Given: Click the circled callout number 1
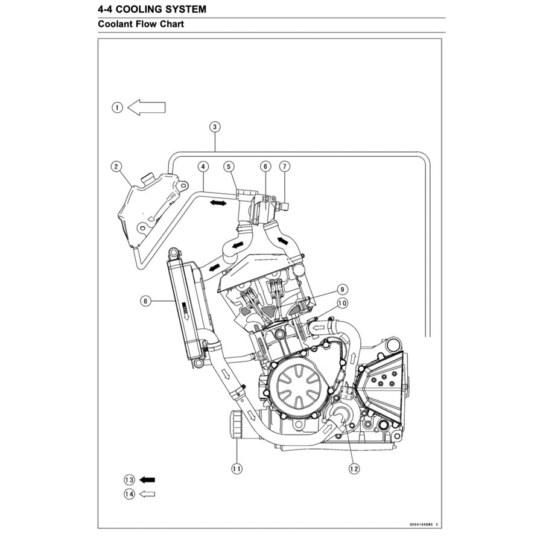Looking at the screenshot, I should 117,107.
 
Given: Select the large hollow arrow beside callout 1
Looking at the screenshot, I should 147,107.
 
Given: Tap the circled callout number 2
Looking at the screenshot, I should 117,166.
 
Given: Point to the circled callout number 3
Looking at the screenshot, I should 215,127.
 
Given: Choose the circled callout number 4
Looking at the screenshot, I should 204,166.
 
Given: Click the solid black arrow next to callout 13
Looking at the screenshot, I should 147,480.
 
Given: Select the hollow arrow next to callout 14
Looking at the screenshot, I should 147,494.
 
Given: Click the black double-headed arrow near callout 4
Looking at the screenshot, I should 218,204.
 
